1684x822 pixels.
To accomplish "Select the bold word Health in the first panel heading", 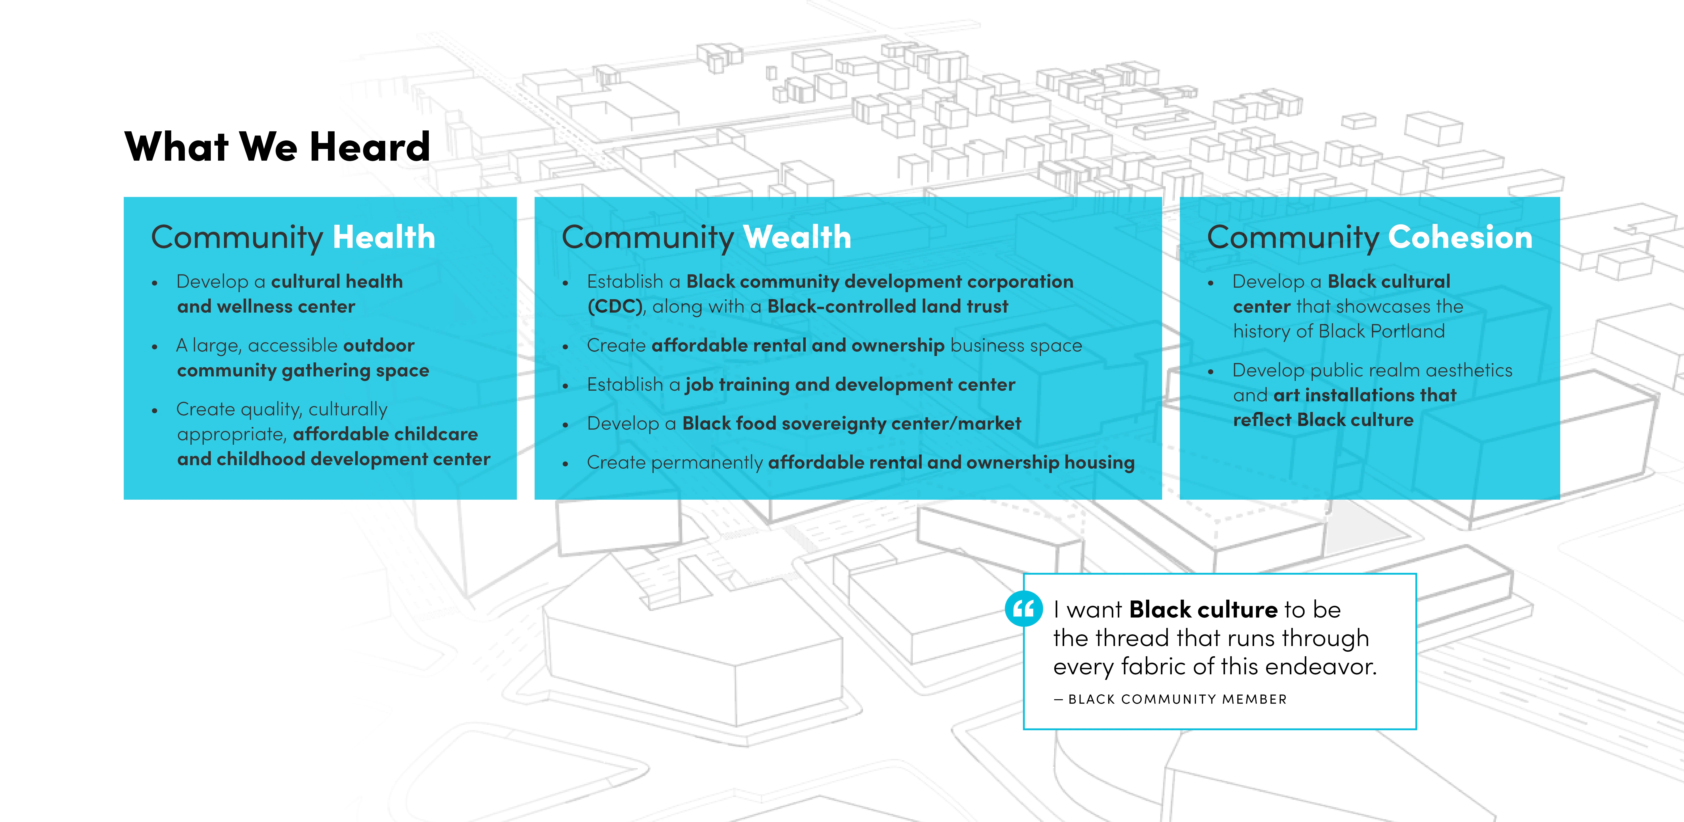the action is [x=384, y=237].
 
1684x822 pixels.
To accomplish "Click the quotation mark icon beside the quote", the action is [x=1024, y=609].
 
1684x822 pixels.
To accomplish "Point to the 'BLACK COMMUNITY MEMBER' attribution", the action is [x=1177, y=699].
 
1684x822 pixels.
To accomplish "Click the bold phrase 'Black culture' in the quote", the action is [x=1203, y=609].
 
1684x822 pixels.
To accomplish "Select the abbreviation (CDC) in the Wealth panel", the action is [x=615, y=307].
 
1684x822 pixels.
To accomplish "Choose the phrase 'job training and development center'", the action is [x=850, y=385].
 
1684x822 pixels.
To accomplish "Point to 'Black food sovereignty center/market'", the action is [x=851, y=424].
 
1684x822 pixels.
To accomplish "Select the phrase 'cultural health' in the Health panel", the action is [x=337, y=281].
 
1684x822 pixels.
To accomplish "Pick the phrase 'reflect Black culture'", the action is [x=1323, y=420].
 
